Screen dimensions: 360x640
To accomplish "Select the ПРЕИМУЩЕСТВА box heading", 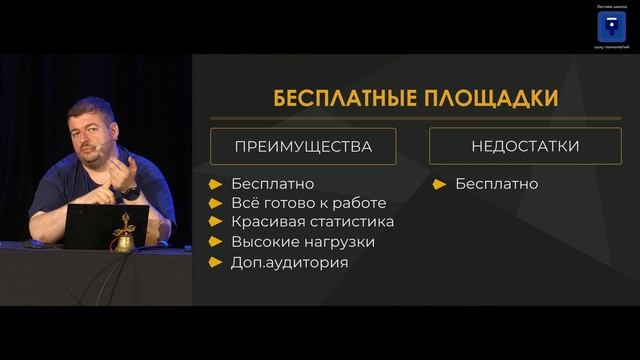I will click(302, 146).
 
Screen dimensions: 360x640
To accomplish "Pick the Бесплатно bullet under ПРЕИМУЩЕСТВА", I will click(272, 184).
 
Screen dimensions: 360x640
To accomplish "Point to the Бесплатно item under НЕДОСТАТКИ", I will click(496, 184).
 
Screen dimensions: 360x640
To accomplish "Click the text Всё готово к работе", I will click(308, 203).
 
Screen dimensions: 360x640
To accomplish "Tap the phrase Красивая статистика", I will click(312, 222).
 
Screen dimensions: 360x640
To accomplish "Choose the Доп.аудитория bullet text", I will click(289, 262).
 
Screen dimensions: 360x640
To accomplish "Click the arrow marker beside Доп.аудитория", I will click(216, 262).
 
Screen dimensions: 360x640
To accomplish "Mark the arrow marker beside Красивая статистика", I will click(216, 222).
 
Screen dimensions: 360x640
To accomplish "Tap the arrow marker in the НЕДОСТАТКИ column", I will click(440, 184).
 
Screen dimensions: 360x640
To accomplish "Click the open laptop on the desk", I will click(104, 226).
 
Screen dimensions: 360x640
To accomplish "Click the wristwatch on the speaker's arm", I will click(128, 191).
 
